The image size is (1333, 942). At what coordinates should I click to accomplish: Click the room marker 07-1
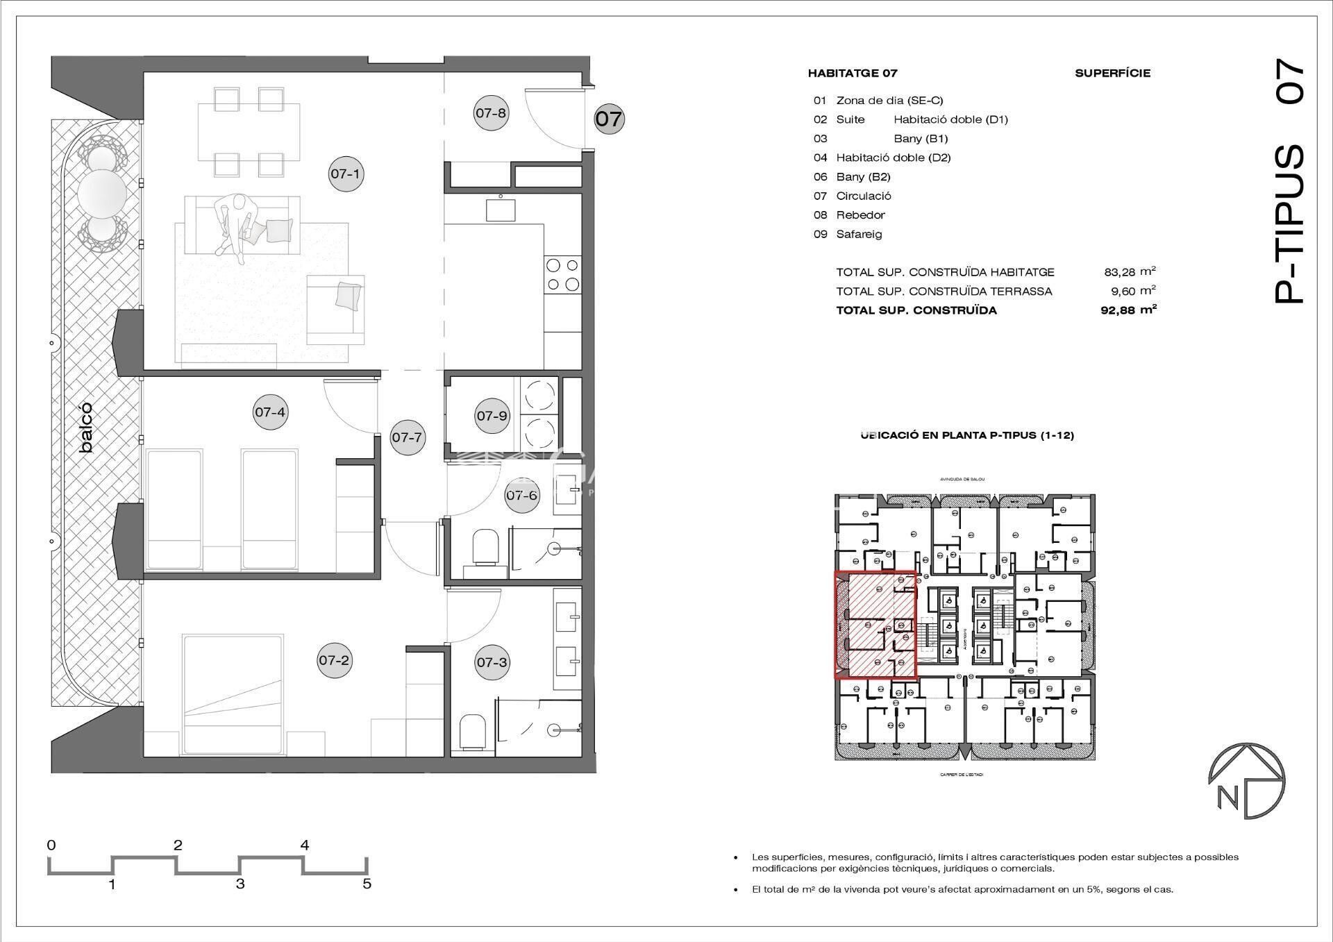click(345, 174)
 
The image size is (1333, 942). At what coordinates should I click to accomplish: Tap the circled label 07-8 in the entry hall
click(491, 112)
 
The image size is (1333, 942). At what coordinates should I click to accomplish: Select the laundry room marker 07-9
click(492, 416)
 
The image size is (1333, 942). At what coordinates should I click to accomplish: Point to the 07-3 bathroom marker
click(492, 662)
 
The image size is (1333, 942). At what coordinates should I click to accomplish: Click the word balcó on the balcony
click(86, 428)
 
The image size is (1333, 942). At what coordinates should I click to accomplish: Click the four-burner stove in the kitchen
click(562, 274)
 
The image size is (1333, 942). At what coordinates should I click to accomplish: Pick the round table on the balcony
click(102, 194)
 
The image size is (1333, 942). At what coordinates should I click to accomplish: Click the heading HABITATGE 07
click(852, 73)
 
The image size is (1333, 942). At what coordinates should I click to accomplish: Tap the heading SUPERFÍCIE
click(1112, 73)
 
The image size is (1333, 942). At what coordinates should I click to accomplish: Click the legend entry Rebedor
click(860, 215)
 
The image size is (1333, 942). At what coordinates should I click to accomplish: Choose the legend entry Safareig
click(859, 234)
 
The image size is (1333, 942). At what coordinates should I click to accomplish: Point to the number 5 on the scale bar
click(367, 884)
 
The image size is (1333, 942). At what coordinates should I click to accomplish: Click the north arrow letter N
click(1227, 798)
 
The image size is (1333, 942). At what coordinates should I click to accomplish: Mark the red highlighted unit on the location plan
click(875, 624)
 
